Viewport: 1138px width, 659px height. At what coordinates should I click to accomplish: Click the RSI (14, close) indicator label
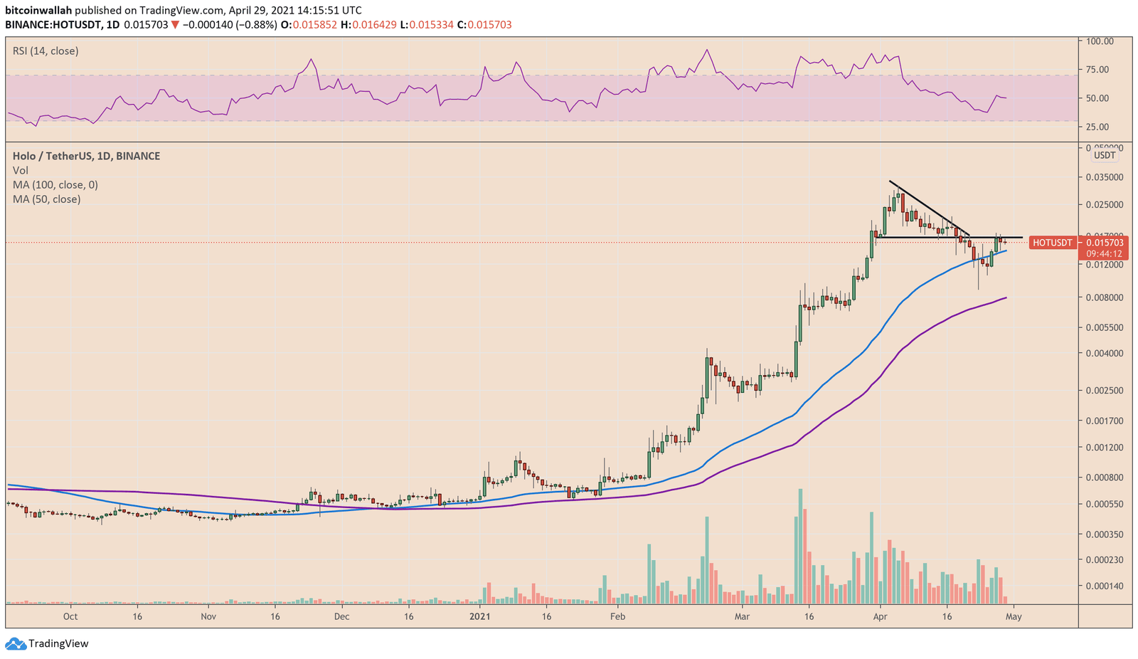(46, 51)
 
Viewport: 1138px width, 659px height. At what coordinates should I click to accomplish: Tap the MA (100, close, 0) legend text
(55, 185)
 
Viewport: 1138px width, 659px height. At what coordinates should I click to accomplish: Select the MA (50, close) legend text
(46, 199)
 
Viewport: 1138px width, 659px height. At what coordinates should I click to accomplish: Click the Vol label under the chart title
(21, 171)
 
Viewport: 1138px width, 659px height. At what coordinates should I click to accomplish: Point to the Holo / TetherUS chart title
(86, 156)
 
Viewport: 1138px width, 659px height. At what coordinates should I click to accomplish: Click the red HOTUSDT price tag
(1052, 243)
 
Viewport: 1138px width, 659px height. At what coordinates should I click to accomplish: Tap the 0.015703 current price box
(1105, 243)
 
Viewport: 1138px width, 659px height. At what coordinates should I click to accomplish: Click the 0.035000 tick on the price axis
(1103, 177)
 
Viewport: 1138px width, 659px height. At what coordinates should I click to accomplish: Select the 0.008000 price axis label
(1103, 297)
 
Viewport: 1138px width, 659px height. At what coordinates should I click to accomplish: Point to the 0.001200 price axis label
(1103, 448)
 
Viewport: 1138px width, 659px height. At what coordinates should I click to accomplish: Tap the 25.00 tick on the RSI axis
(1097, 127)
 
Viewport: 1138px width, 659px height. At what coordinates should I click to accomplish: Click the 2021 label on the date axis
(480, 616)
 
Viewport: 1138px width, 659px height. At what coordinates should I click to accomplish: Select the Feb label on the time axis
(617, 616)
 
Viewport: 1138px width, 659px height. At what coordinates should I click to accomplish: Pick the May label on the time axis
(1014, 616)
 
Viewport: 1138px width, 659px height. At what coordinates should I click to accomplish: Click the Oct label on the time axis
(70, 616)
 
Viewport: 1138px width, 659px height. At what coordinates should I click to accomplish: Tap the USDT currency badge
(1105, 155)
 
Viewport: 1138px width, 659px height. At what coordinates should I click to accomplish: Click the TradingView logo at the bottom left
(48, 643)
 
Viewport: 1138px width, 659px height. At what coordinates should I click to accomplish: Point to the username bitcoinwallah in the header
(38, 11)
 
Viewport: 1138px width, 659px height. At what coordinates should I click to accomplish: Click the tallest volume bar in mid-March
(800, 546)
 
